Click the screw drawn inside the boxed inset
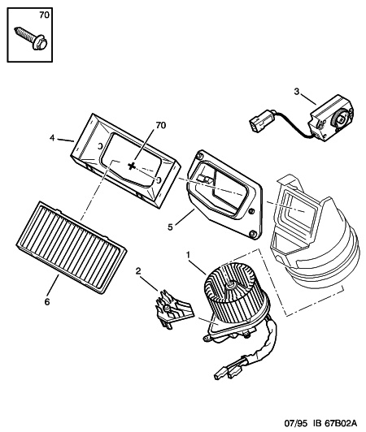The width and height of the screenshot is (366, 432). point(31,38)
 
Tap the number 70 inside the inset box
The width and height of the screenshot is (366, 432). point(44,15)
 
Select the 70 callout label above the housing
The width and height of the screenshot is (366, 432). point(160,125)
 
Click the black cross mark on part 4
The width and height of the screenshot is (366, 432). point(132,166)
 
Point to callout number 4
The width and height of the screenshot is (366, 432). point(52,138)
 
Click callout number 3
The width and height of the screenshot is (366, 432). point(296,92)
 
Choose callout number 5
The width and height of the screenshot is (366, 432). point(170,227)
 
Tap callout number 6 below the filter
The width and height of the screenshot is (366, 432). point(47,302)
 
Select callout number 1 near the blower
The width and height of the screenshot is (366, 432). point(188,255)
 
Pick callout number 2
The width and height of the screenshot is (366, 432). point(138,271)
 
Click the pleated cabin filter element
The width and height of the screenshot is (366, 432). point(71,247)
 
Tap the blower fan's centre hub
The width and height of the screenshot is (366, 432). point(230,284)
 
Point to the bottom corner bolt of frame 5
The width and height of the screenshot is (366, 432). point(253,234)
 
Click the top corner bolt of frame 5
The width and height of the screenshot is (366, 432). point(198,157)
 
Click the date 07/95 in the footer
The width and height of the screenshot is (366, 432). point(296,422)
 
